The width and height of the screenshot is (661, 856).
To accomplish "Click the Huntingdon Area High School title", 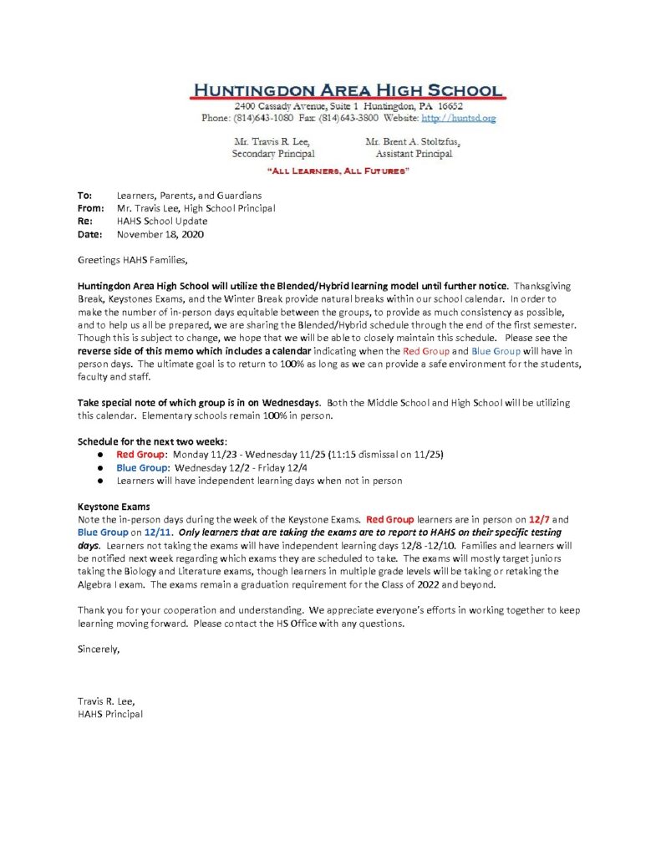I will pos(347,90).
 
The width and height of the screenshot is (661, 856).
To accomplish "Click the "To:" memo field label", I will pos(84,195).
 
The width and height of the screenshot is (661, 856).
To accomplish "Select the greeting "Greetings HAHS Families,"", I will pos(127,260).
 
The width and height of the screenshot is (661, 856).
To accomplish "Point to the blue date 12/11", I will pos(156,532).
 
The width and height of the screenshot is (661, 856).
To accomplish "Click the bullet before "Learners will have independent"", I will pos(99,481).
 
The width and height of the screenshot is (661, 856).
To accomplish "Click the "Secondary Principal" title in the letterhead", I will pos(273,154).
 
